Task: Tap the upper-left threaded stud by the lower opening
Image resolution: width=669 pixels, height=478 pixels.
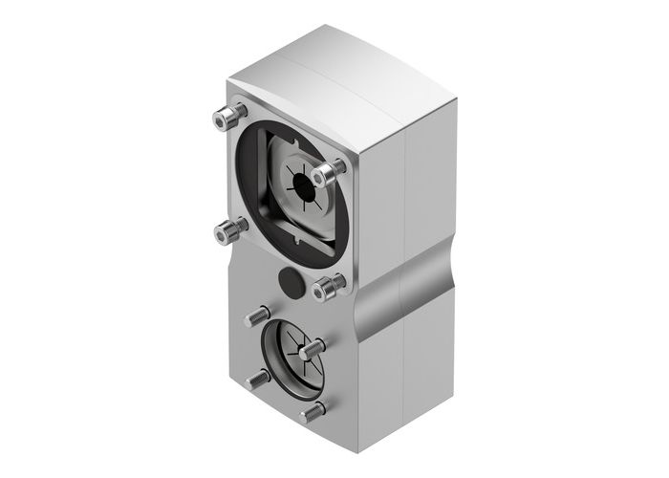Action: pyautogui.click(x=257, y=315)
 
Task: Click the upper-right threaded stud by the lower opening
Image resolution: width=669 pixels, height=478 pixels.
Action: pyautogui.click(x=312, y=351)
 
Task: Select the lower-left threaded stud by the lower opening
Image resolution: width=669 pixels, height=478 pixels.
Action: pyautogui.click(x=257, y=379)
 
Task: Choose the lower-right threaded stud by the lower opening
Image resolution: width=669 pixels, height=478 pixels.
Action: pyautogui.click(x=312, y=414)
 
